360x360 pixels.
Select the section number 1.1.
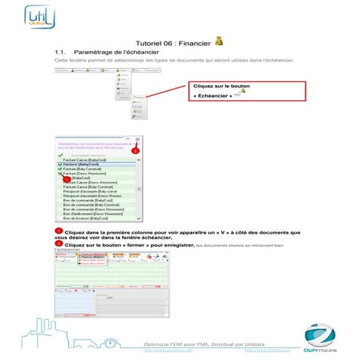[61, 53]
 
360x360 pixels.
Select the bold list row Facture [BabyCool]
[80, 165]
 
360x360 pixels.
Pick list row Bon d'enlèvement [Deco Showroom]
[92, 213]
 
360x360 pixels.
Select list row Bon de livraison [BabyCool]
[85, 217]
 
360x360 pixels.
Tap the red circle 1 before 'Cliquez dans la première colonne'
[58, 231]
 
